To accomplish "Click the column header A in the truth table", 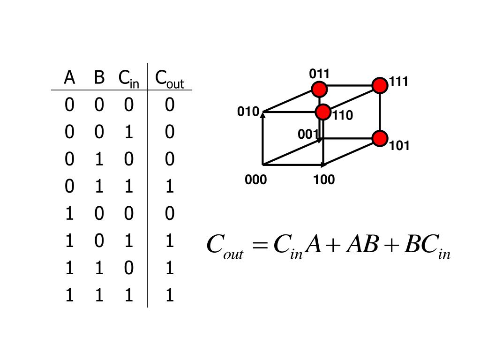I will (69, 78).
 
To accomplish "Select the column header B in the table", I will (99, 78).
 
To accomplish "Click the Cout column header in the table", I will (169, 79).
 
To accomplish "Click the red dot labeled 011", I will (319, 89).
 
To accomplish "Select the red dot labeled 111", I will (380, 85).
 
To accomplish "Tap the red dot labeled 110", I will (323, 112).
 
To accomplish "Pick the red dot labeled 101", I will (380, 138).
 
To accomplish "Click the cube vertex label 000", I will (255, 180).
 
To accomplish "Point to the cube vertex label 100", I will (324, 180).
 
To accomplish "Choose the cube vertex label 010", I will (248, 112).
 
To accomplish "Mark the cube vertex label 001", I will (308, 135).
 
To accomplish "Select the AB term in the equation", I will (361, 244).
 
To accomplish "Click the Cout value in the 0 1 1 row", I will (170, 187).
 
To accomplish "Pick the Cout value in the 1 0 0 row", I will (170, 214).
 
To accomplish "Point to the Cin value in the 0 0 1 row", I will (129, 132).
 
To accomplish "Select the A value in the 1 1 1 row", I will (69, 296).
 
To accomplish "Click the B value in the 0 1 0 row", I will (99, 160).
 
